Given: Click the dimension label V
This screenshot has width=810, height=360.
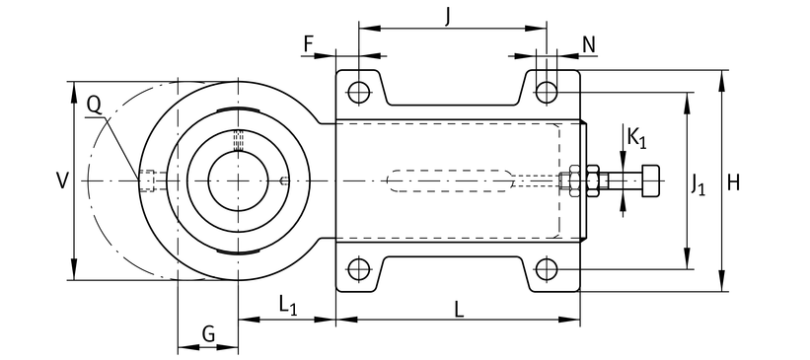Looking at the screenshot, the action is point(62,181).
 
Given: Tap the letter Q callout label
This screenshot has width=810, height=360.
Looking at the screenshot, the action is point(94,106).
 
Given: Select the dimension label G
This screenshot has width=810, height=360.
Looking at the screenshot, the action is point(208,334).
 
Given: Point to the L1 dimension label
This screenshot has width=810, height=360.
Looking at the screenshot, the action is point(288,305).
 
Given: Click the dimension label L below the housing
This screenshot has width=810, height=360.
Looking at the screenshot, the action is point(459,310).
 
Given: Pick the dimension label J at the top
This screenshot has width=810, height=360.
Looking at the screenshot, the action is point(448,17).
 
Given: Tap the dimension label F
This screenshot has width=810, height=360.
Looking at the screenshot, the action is point(309,44).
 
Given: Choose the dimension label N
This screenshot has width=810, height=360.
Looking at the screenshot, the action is point(589,45).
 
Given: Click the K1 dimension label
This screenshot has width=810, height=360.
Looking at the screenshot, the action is point(636,138).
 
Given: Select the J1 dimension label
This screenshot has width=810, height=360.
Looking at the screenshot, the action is point(698,184).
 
